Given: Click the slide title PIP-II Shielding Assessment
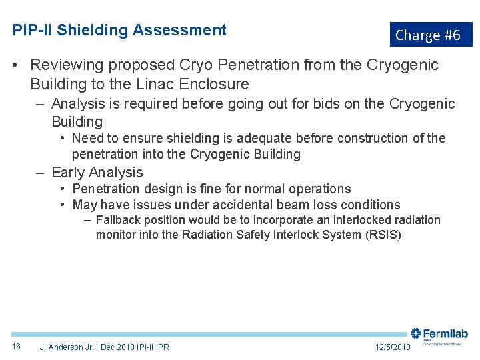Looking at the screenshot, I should (x=119, y=30).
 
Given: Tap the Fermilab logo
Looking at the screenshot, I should (x=439, y=335).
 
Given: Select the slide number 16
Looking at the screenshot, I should (x=17, y=347).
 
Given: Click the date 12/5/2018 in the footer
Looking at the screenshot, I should (x=393, y=347).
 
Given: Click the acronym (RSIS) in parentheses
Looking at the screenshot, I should (x=383, y=235).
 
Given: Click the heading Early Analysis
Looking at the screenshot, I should (x=97, y=172).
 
